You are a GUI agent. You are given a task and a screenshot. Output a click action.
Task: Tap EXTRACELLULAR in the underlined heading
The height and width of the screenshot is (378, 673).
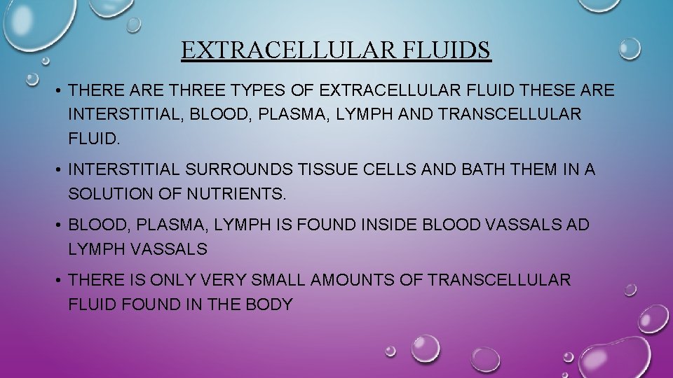pos(291,50)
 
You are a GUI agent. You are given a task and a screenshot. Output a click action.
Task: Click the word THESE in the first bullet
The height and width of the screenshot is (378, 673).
pos(545,90)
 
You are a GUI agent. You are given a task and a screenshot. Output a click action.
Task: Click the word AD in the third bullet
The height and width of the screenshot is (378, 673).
pos(579,225)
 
